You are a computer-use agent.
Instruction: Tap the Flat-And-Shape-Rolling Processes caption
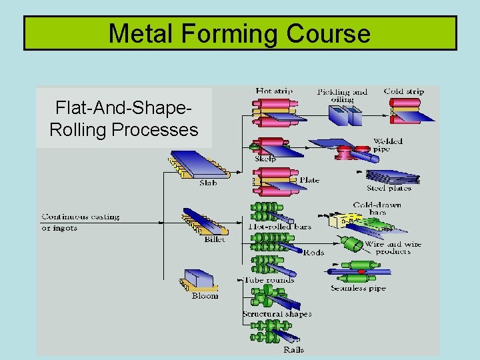124,118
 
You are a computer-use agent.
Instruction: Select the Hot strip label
273,91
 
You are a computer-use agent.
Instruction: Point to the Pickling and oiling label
342,95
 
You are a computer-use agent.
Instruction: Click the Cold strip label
403,91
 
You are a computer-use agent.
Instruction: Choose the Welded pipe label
387,145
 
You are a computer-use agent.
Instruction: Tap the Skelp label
265,159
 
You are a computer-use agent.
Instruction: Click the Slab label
208,183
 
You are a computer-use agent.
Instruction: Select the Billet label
214,239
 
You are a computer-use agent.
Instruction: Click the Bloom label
205,295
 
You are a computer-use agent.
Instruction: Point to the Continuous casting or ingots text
80,222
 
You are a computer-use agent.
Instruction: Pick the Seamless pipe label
358,288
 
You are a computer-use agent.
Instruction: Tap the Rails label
293,349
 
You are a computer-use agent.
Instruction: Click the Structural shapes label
277,314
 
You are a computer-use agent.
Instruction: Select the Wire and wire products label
393,247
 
